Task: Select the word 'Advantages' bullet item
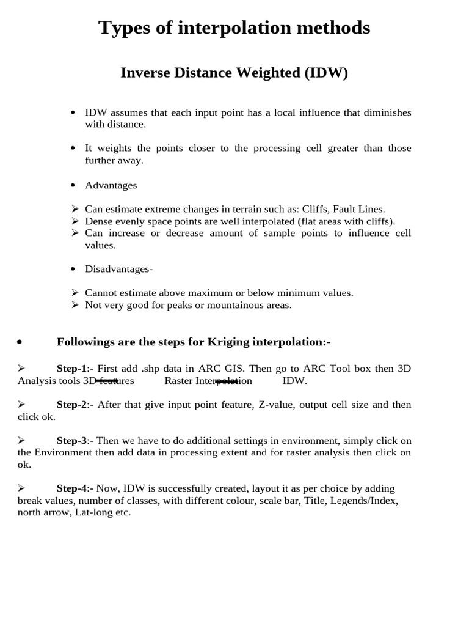pos(111,185)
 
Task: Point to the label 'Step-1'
pos(71,369)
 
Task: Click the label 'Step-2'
pos(71,405)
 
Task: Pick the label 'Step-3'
pos(71,441)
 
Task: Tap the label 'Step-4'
pos(71,488)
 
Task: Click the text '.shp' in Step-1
pos(152,369)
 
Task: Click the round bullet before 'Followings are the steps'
pos(20,342)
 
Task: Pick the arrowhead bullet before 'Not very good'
pos(75,305)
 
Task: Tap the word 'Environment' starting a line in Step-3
pos(60,452)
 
